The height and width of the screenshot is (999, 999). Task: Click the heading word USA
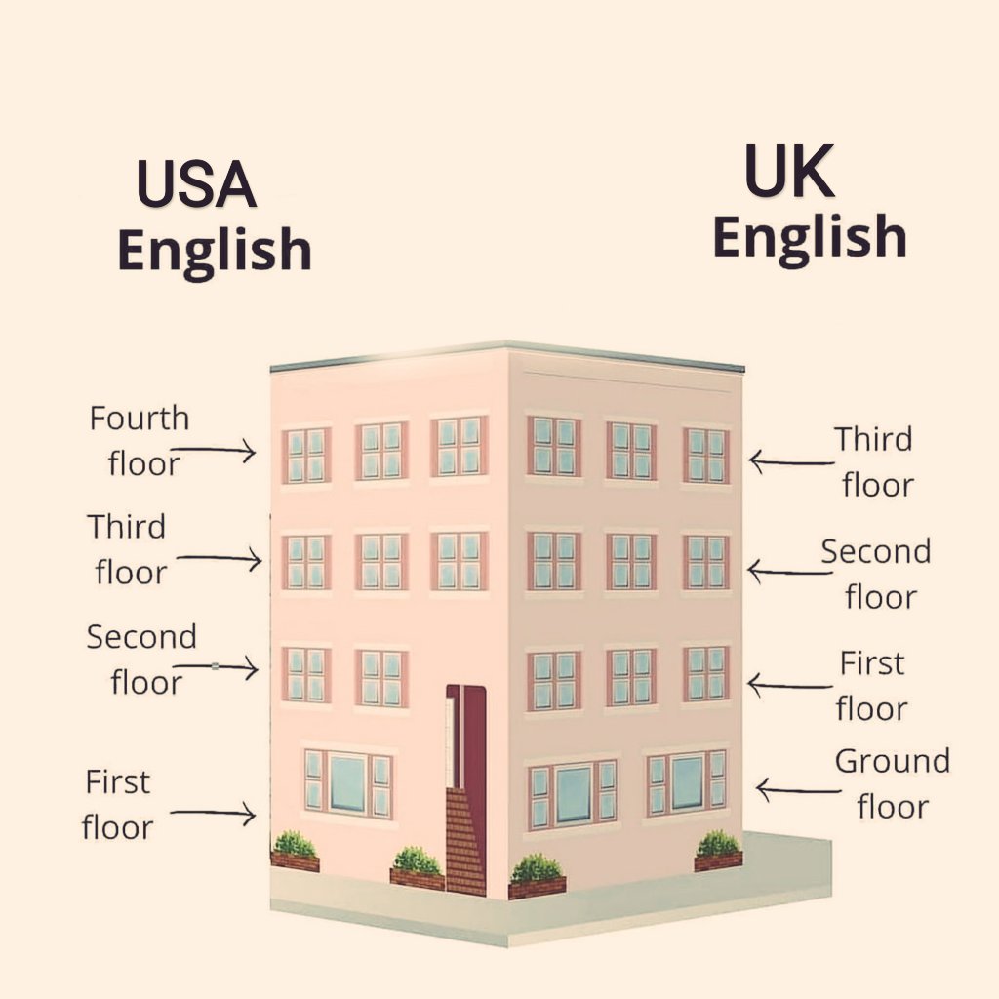click(196, 183)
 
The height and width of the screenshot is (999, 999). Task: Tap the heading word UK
click(789, 172)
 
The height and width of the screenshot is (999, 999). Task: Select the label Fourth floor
click(140, 441)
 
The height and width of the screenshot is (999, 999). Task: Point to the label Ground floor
click(892, 783)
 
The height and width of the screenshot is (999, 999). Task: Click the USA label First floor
click(117, 804)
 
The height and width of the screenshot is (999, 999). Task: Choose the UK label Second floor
click(876, 574)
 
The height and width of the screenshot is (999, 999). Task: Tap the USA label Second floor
click(142, 659)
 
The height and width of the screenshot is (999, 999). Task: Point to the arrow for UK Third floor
click(790, 460)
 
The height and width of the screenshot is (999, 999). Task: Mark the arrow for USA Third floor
click(220, 559)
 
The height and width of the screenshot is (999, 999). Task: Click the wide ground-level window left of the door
click(347, 782)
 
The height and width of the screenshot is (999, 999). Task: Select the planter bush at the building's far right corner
click(718, 850)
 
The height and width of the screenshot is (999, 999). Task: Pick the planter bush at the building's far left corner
click(295, 850)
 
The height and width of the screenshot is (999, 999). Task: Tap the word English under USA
click(214, 252)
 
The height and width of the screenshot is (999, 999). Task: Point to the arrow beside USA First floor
click(215, 812)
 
